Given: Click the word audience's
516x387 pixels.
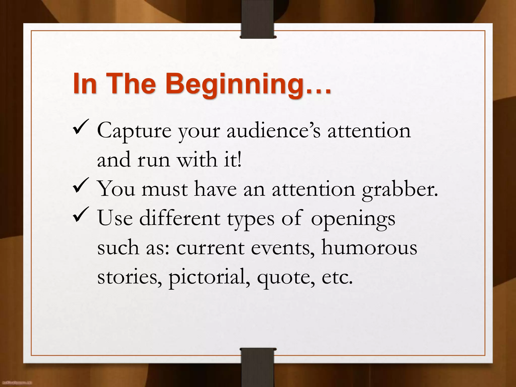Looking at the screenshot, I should (x=273, y=131).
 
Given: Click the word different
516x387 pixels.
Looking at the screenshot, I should (x=180, y=218).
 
